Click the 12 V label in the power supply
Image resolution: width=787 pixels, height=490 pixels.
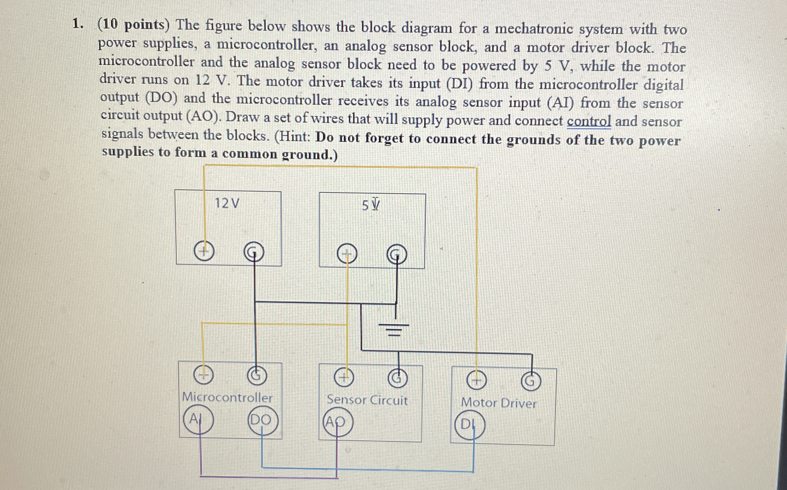[x=227, y=203]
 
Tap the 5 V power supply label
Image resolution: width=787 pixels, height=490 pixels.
[x=370, y=205]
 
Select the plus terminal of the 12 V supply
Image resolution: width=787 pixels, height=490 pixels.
[x=204, y=251]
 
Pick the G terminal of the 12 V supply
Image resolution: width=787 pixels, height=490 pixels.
[x=254, y=252]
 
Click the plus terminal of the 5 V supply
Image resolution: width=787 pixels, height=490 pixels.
[x=347, y=253]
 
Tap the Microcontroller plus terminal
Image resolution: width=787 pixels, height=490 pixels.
[x=203, y=375]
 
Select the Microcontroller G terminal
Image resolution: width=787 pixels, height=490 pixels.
[x=257, y=376]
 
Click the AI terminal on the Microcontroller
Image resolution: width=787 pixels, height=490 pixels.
[x=198, y=419]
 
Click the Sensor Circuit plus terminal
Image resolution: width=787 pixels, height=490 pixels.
[x=344, y=377]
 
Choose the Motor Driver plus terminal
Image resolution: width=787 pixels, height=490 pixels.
[x=476, y=381]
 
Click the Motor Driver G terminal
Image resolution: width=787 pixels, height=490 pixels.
[x=531, y=381]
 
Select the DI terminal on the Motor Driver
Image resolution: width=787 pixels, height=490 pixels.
[x=469, y=424]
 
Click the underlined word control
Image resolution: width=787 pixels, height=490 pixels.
[x=588, y=121]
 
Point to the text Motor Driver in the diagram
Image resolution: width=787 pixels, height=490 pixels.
[x=498, y=403]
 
